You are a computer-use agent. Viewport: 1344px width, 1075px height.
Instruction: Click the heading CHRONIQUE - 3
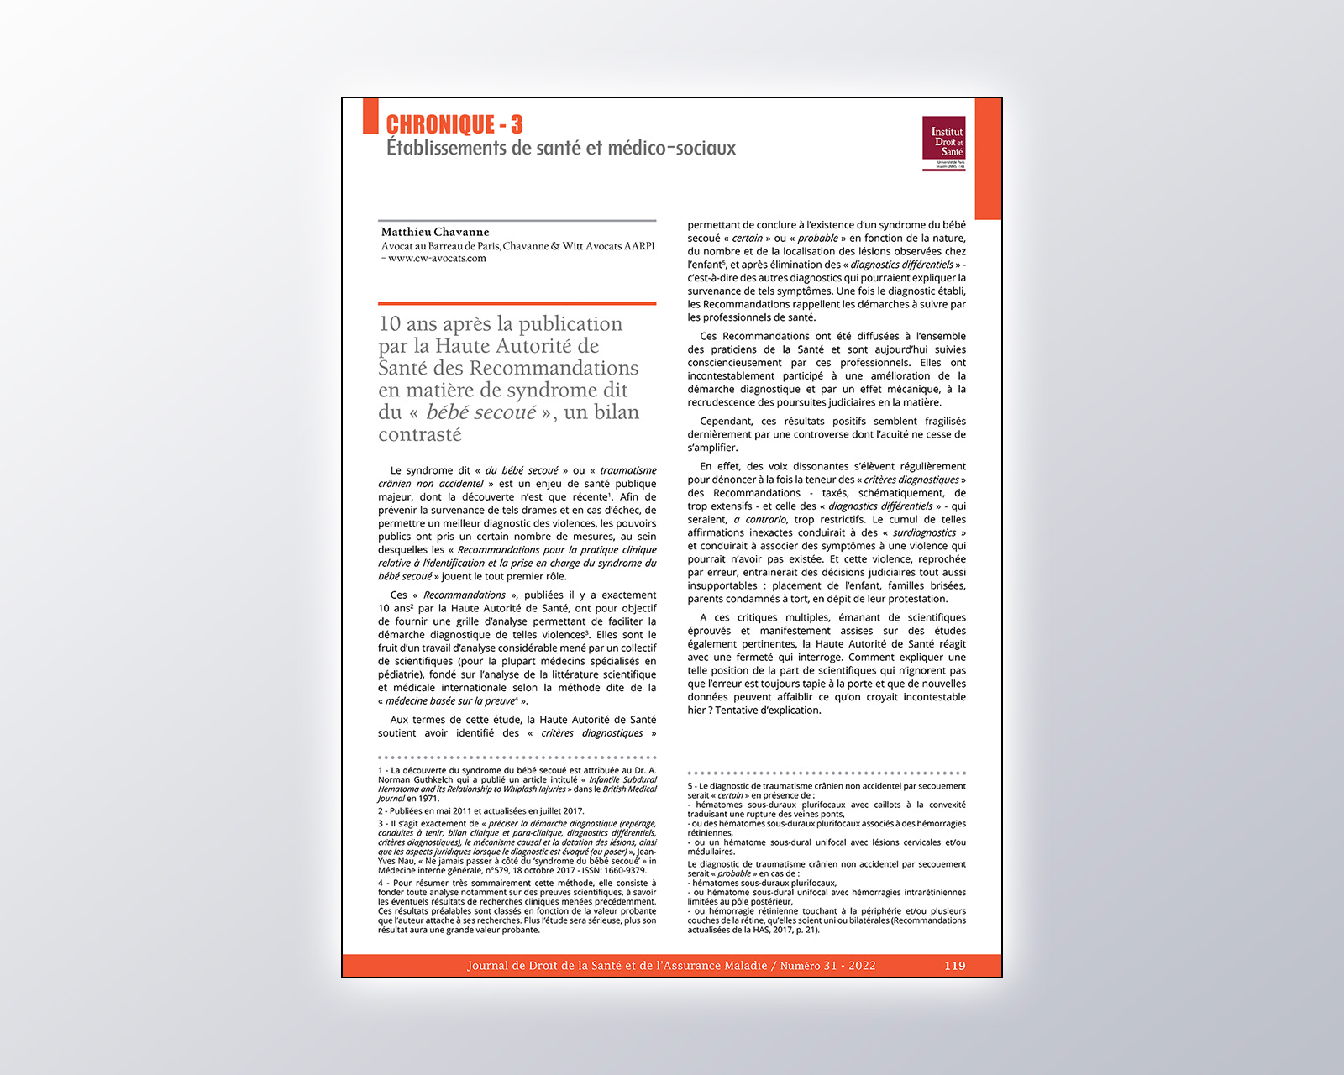coord(454,125)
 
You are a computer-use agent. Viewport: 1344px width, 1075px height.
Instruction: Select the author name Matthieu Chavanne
coord(434,232)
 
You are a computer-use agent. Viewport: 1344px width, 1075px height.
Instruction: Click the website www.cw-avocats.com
coord(437,259)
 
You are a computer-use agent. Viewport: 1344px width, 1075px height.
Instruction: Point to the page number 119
coord(954,966)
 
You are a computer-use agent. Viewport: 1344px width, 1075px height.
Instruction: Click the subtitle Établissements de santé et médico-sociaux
coord(560,149)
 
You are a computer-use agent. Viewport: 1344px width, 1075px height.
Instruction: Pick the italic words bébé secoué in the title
coord(480,412)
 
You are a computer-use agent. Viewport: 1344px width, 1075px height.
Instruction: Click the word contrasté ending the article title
coord(419,434)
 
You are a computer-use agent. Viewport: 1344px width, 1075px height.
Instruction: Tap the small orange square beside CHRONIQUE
coord(370,116)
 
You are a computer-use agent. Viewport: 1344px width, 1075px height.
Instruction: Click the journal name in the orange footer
coord(617,966)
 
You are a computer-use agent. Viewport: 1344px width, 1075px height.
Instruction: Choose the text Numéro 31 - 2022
coord(827,966)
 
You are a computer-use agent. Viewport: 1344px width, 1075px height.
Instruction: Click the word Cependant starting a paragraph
coord(726,422)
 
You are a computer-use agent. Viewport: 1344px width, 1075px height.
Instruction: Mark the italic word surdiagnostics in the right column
coord(924,532)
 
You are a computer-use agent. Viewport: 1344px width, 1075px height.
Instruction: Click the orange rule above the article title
coord(517,303)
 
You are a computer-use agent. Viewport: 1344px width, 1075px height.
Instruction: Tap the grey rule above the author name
coord(517,221)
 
